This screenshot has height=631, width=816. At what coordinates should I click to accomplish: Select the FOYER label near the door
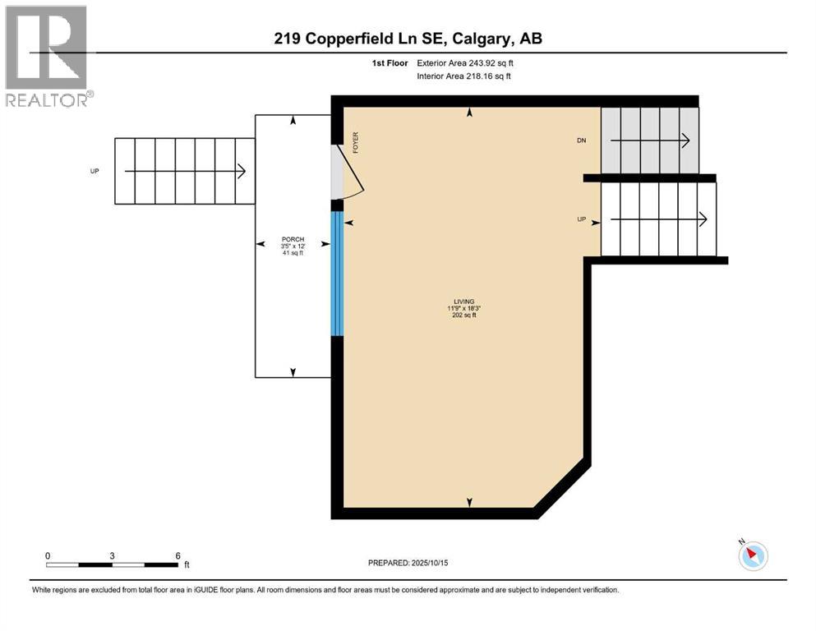pyautogui.click(x=356, y=143)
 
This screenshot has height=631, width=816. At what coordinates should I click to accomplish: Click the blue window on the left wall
pyautogui.click(x=336, y=274)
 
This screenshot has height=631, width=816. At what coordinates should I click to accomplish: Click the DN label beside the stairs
pyautogui.click(x=581, y=140)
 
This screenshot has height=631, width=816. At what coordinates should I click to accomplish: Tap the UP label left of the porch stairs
pyautogui.click(x=95, y=171)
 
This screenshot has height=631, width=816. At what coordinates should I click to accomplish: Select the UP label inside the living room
pyautogui.click(x=582, y=219)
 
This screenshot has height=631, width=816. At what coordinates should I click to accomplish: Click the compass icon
pyautogui.click(x=753, y=555)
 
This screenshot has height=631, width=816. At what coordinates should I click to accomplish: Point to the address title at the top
pyautogui.click(x=407, y=39)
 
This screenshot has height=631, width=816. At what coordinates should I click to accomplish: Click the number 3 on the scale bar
pyautogui.click(x=112, y=555)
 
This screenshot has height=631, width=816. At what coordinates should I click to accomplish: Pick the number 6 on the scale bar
pyautogui.click(x=177, y=555)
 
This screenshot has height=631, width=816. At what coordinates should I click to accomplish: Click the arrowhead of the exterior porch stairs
pyautogui.click(x=242, y=171)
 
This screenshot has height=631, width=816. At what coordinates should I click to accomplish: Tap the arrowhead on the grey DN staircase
pyautogui.click(x=685, y=140)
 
